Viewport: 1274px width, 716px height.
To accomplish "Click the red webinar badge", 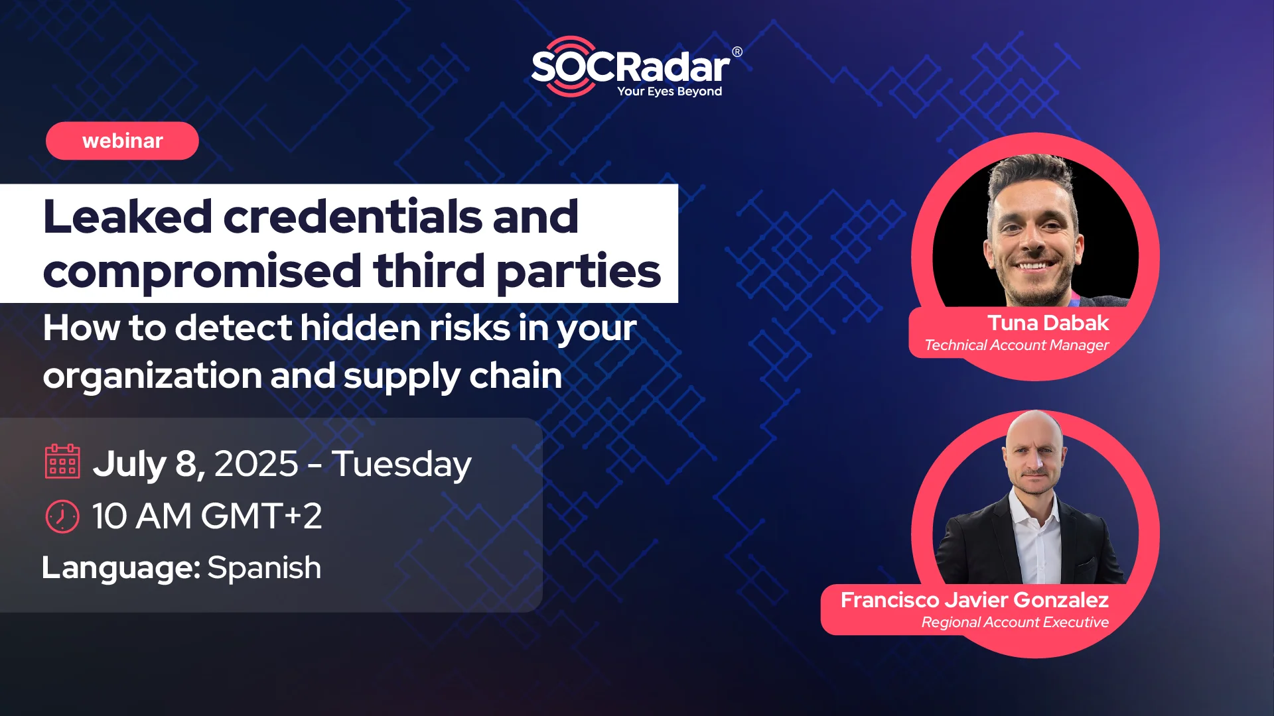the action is pos(122,141).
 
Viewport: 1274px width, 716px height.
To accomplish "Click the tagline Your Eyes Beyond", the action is pos(670,91).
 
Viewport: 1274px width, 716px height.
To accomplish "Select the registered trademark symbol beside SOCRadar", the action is pos(737,52).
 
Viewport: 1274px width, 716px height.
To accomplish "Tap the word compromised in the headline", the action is pos(202,272).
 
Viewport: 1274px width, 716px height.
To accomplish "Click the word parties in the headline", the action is pos(579,272).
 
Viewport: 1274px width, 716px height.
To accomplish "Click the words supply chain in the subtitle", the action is pos(453,377).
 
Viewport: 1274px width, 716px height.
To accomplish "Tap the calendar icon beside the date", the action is pos(62,461).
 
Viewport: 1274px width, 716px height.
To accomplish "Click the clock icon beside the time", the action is pos(62,516).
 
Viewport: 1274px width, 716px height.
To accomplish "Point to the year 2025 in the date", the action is pos(256,463).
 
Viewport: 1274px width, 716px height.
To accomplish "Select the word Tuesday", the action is pos(401,464).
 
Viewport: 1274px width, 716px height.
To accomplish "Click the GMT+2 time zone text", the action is pos(261,516).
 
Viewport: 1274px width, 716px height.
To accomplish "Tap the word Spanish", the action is pos(264,568).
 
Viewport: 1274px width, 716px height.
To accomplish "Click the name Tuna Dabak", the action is pos(1048,323).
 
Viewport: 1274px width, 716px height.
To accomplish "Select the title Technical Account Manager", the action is pos(1017,345).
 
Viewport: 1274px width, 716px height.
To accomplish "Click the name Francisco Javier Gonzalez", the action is pos(975,600).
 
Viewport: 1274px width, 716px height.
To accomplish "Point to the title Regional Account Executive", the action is pos(1015,623).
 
